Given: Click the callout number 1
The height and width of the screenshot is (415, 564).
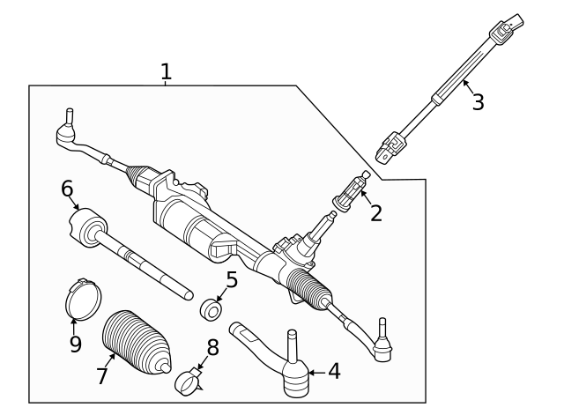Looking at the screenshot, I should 166,71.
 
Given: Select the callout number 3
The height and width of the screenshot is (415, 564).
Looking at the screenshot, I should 478,102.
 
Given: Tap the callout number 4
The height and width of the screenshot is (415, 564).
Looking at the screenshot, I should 334,372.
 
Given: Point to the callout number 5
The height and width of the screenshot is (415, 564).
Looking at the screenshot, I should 232,280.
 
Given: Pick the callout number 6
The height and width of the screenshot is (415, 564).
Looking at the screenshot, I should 67,188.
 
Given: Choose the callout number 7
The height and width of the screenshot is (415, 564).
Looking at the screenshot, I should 102,376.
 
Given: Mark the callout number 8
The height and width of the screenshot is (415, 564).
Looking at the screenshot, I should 212,347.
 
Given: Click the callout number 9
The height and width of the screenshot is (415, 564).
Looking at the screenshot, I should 76,343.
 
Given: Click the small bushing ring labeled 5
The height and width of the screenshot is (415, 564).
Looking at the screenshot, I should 211,310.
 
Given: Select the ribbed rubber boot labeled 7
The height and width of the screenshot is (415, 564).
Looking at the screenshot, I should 133,343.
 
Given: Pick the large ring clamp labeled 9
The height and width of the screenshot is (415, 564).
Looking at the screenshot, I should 84,299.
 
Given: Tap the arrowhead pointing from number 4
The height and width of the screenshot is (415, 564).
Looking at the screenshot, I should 309,373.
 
